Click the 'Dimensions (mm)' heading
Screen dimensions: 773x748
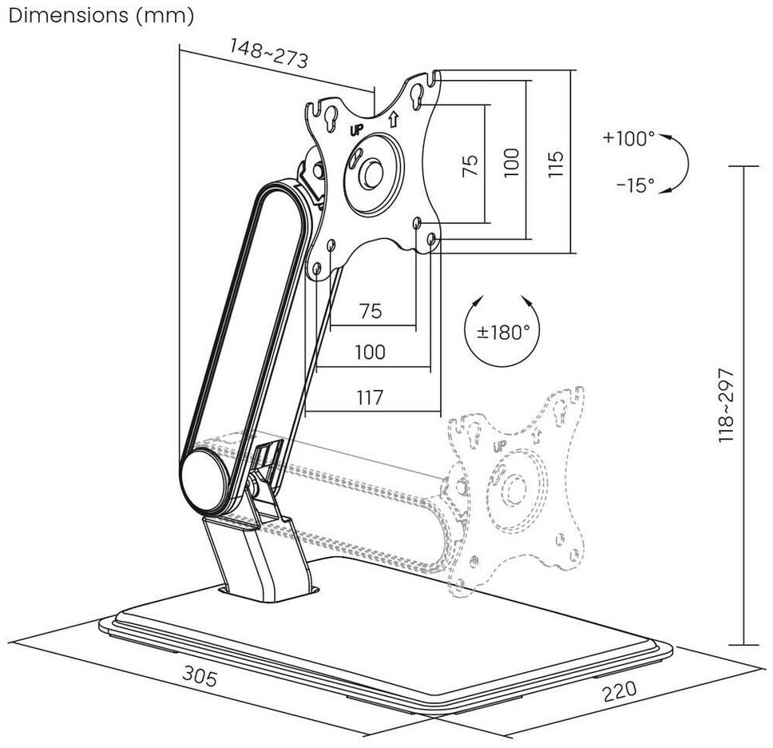point(101,16)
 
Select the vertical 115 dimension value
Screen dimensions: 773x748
point(557,163)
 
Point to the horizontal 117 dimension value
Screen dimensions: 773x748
point(370,397)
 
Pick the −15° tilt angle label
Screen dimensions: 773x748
point(635,185)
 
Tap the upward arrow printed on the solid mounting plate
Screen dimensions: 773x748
point(393,120)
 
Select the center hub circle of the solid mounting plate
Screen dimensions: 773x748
point(373,173)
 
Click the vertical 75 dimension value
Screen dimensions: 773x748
point(470,163)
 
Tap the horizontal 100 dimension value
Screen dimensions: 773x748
point(370,352)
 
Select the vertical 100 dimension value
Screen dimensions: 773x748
point(512,163)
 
